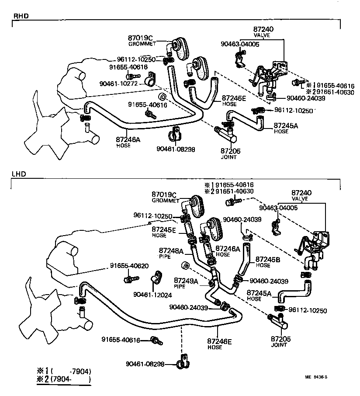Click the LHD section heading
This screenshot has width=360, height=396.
tap(19, 174)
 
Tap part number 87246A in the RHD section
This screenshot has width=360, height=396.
tap(127, 139)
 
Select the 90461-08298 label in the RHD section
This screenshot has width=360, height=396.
tap(175, 149)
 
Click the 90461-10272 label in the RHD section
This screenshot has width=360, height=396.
tap(118, 83)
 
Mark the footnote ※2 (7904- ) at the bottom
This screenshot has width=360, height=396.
tap(65, 379)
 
